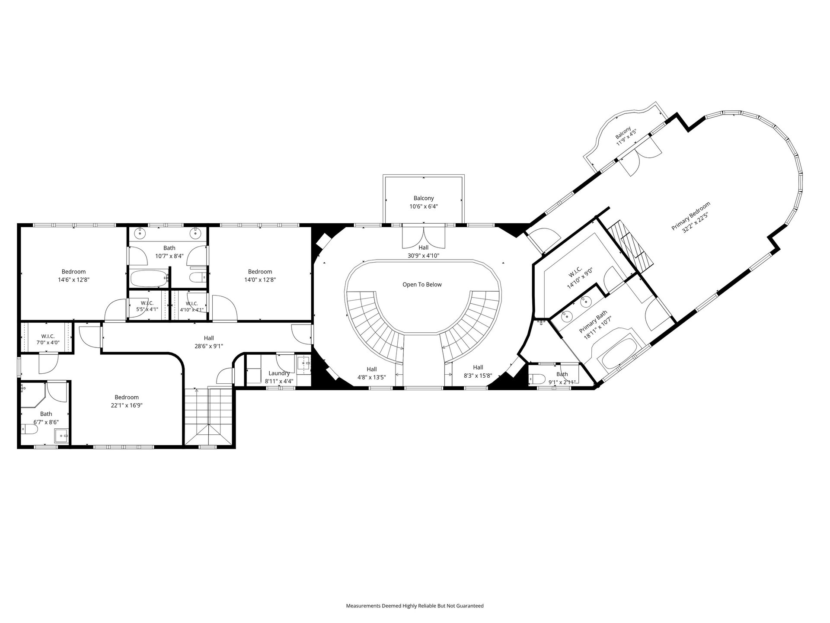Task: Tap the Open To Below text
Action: (422, 285)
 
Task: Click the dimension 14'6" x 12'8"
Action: (73, 280)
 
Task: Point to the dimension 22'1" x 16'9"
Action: (127, 405)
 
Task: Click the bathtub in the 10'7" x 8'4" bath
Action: (149, 279)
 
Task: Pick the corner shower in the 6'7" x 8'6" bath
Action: (33, 394)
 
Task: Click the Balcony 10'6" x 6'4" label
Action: (424, 202)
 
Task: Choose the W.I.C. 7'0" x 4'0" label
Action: (48, 339)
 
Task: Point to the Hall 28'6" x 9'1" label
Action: (209, 342)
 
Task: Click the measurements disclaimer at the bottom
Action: (415, 606)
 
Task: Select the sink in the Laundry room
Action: (304, 364)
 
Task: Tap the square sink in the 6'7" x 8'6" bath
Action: (61, 436)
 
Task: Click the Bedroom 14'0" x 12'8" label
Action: (260, 276)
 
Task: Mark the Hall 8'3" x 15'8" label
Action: (478, 371)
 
